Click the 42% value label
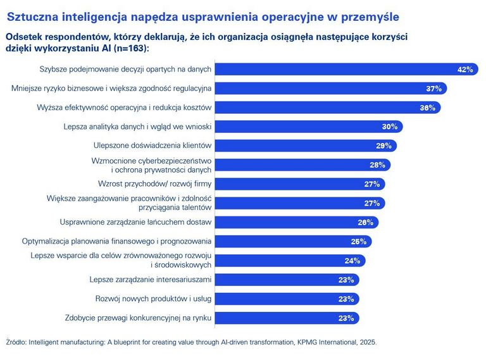465,70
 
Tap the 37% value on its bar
433,89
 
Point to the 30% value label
390,127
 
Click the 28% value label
378,165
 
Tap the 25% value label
359,242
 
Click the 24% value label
352,261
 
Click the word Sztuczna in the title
29,13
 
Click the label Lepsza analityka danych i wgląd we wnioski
137,127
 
